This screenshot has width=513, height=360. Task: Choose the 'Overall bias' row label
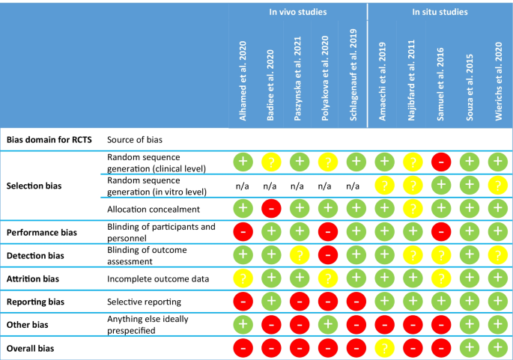pyautogui.click(x=31, y=348)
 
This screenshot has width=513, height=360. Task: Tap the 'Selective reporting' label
pyautogui.click(x=145, y=302)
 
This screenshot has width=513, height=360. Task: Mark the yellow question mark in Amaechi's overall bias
pyautogui.click(x=384, y=348)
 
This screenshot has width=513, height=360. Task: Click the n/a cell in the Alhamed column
pyautogui.click(x=242, y=185)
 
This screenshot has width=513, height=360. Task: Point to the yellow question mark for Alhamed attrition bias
pyautogui.click(x=242, y=278)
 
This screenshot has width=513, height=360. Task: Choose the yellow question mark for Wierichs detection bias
pyautogui.click(x=495, y=255)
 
